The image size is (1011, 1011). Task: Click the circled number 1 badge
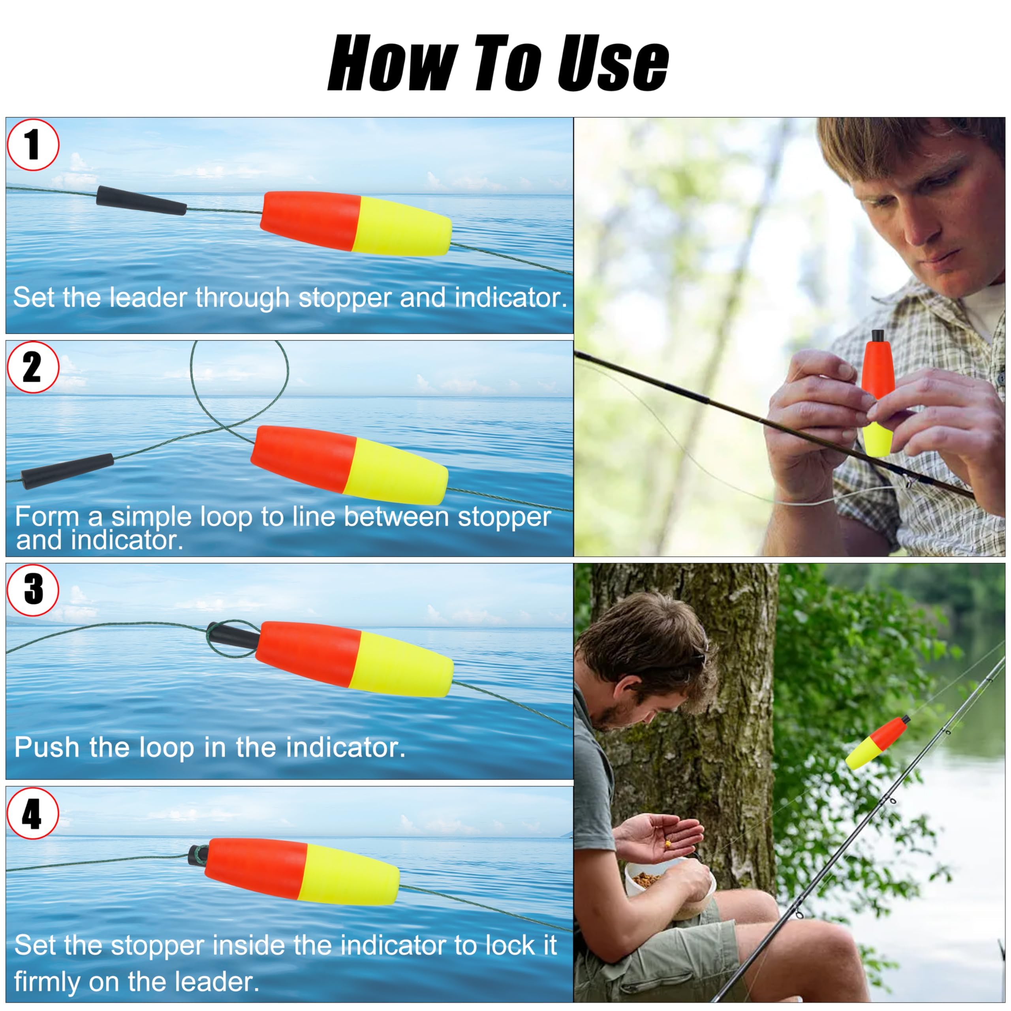(x=33, y=145)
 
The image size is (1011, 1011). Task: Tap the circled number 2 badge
(x=33, y=367)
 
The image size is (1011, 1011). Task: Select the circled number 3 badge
(x=33, y=590)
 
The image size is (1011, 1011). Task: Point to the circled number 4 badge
(x=33, y=814)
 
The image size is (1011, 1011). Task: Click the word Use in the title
(x=612, y=63)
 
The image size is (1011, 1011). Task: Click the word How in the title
(x=393, y=63)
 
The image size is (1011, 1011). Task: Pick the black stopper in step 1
(x=141, y=200)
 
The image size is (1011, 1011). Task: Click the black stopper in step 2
(x=68, y=471)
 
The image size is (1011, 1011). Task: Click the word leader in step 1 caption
(x=148, y=297)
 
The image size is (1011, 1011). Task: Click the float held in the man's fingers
(x=878, y=393)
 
